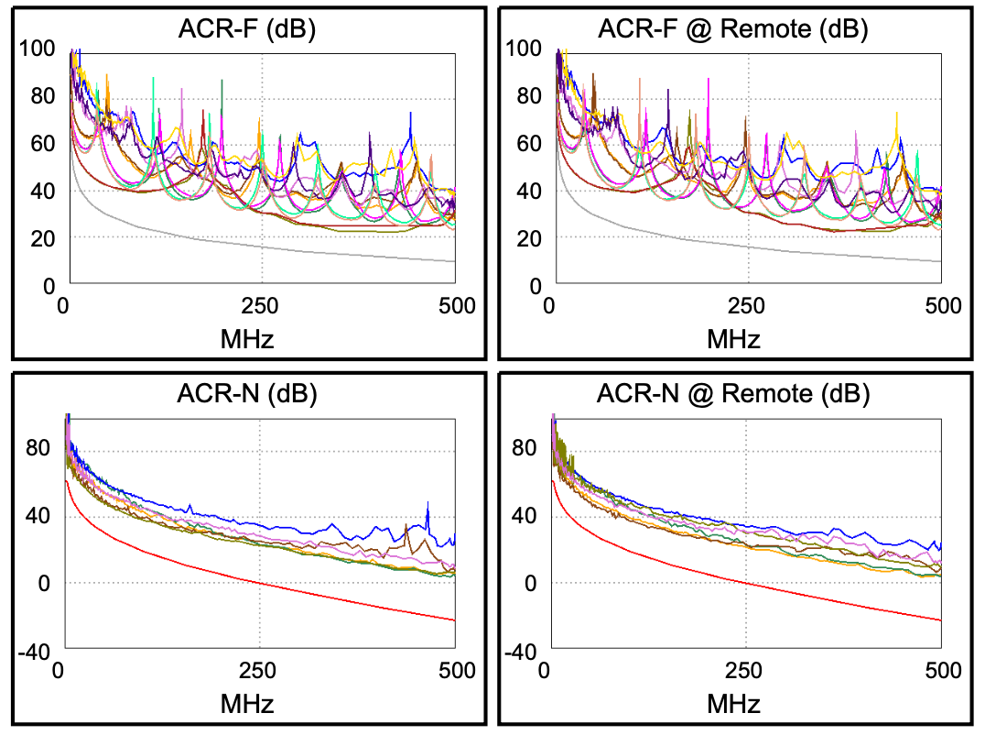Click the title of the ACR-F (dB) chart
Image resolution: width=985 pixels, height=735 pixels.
click(x=247, y=29)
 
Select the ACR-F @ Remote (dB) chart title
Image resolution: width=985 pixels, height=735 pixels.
click(x=733, y=29)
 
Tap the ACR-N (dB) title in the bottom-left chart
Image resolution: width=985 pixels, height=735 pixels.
click(x=247, y=395)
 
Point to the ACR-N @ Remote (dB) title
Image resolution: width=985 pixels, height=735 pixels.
click(x=733, y=395)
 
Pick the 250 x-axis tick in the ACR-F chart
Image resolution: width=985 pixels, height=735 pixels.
click(x=260, y=306)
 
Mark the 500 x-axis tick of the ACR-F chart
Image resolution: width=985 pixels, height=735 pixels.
click(x=456, y=306)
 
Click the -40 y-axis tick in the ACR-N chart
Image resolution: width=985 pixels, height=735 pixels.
click(x=38, y=651)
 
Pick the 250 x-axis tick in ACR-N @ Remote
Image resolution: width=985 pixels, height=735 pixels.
click(x=747, y=671)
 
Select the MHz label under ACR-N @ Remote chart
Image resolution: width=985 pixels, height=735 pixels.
click(x=733, y=703)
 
